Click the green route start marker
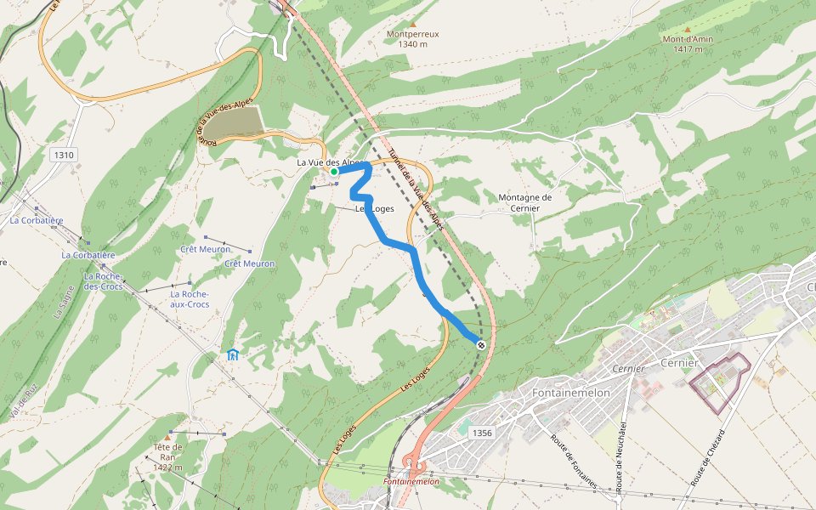pyautogui.click(x=334, y=172)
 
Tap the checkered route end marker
pyautogui.click(x=481, y=344)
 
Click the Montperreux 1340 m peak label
pyautogui.click(x=412, y=39)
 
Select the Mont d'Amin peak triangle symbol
pyautogui.click(x=688, y=29)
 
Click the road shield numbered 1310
pyautogui.click(x=63, y=155)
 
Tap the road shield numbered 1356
pyautogui.click(x=480, y=433)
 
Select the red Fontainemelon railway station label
pyautogui.click(x=411, y=481)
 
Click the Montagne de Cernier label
pyautogui.click(x=525, y=202)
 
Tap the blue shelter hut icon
pyautogui.click(x=232, y=354)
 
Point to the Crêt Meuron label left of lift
pyautogui.click(x=206, y=249)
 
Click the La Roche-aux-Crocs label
pyautogui.click(x=189, y=299)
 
